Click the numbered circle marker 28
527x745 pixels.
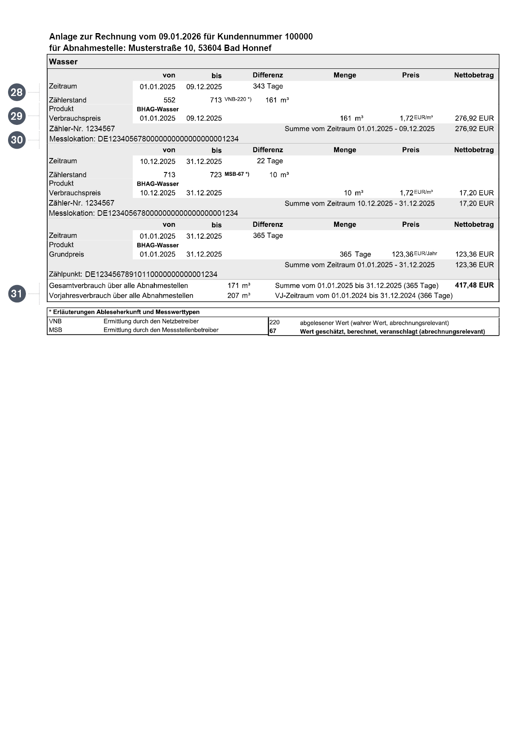point(17,92)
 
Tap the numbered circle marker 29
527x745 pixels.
point(17,116)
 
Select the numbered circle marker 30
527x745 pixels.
point(17,140)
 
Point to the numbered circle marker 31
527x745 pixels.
point(17,293)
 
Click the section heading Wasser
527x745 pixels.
point(63,62)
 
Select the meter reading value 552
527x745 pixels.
point(169,100)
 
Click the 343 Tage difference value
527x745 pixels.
point(268,86)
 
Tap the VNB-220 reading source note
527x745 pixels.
point(238,99)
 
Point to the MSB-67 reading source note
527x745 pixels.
point(237,174)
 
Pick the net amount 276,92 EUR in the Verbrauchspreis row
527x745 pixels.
point(474,118)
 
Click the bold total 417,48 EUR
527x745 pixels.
point(474,285)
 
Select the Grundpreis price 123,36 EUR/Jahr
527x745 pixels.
point(414,254)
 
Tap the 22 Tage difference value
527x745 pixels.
point(269,161)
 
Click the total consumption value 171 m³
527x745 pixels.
point(238,285)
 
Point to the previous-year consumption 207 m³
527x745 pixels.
point(238,296)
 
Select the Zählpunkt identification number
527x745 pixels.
point(151,274)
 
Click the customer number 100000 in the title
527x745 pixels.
point(298,37)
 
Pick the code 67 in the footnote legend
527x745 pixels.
point(273,331)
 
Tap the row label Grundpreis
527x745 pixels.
point(66,254)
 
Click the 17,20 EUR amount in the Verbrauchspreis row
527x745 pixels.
point(476,193)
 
